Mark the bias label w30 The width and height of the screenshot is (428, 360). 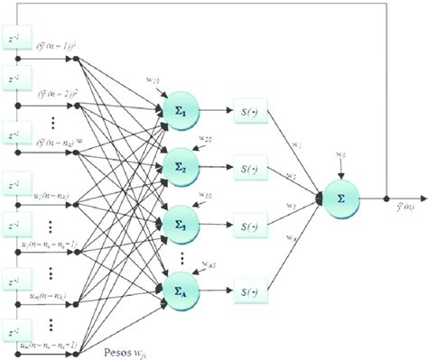pos(206,195)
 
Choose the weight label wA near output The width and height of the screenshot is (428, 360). pos(290,237)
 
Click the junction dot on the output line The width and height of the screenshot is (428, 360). pos(386,196)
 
